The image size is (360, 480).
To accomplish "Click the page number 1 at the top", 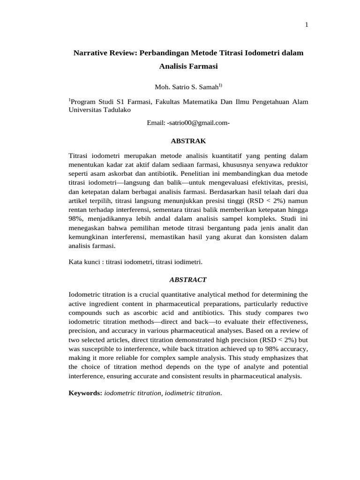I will tap(306, 25).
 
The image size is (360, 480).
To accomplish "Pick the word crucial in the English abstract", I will tap(152, 294).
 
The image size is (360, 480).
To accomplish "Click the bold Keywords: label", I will tap(85, 393).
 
